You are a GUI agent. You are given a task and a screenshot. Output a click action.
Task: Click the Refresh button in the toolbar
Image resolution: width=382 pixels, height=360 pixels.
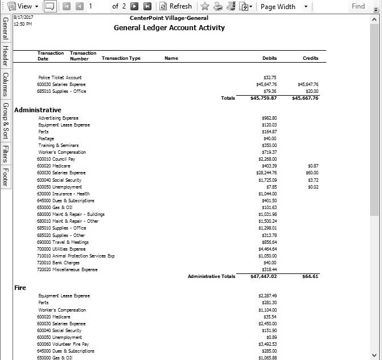tap(175, 6)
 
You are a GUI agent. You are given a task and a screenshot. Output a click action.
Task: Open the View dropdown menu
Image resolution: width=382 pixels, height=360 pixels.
tap(23, 6)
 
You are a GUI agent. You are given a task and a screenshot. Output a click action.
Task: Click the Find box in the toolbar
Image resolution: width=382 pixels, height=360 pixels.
tap(358, 6)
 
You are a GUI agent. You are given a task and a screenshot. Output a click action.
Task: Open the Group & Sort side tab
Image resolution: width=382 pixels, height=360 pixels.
tap(5, 121)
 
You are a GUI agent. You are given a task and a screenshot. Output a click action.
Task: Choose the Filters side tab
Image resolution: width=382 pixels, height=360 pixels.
tap(5, 154)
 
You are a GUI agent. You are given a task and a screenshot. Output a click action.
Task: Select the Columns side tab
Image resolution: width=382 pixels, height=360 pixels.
tap(5, 84)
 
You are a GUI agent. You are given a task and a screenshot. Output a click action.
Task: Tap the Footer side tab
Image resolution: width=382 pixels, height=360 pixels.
tap(5, 177)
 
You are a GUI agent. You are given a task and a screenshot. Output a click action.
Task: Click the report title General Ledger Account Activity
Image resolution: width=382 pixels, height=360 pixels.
tap(169, 28)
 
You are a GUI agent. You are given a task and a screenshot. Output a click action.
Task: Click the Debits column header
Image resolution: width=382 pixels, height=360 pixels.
tap(269, 58)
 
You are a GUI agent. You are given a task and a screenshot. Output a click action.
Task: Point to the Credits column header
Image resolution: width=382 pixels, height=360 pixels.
tap(310, 58)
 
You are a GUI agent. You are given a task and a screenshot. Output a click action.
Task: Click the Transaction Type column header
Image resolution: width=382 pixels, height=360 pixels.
tap(121, 58)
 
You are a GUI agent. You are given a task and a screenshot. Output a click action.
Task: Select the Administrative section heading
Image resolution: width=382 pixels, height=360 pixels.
tap(38, 109)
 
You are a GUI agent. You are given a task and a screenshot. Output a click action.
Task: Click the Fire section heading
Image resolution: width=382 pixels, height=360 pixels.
tap(20, 288)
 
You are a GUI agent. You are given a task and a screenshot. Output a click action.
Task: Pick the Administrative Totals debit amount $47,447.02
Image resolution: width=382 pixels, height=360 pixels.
tap(264, 276)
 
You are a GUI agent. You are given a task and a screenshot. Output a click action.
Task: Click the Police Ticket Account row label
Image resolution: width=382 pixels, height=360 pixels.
tap(60, 77)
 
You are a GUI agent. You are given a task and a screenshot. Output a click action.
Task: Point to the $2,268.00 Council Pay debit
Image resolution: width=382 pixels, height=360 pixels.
tap(267, 159)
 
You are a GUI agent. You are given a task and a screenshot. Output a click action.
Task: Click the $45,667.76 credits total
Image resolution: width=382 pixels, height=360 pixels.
tap(305, 98)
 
